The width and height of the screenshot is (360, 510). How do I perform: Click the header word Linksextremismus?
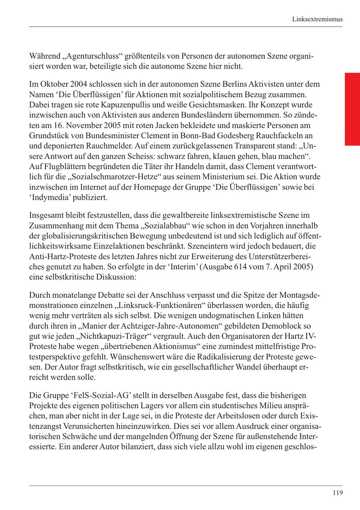pyautogui.click(x=317, y=19)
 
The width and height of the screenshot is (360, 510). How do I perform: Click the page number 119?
pyautogui.click(x=338, y=493)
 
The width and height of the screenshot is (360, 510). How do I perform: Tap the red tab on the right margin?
pyautogui.click(x=352, y=109)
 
